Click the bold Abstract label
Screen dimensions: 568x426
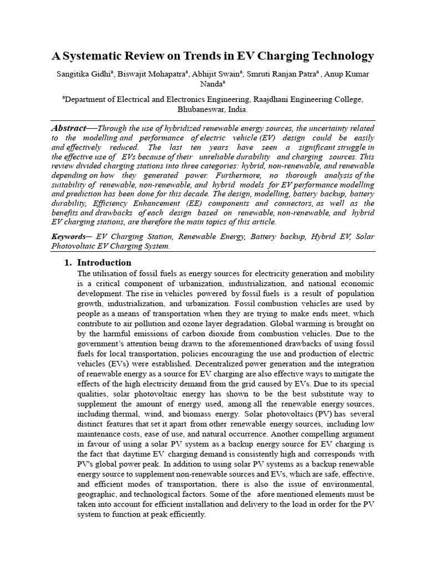pyautogui.click(x=69, y=128)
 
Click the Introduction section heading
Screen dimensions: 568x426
pyautogui.click(x=104, y=262)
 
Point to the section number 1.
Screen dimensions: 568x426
pyautogui.click(x=68, y=262)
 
